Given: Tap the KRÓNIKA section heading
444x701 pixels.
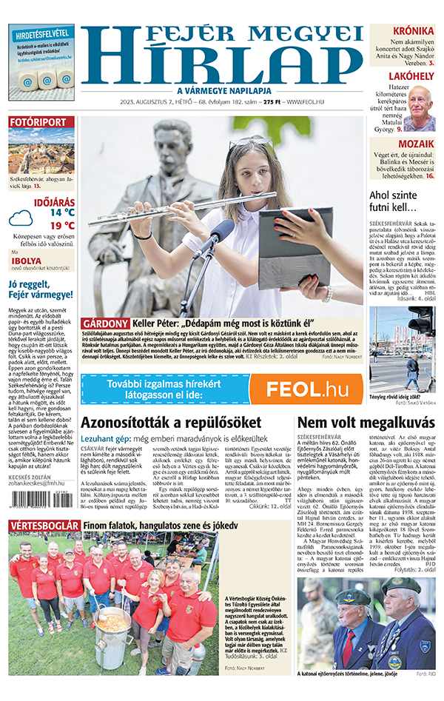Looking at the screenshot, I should (413, 31).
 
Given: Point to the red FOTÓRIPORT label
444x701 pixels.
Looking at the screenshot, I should (41, 122).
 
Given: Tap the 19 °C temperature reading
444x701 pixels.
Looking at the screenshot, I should (62, 226).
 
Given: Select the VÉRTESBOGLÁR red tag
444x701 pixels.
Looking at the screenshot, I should (43, 526).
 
